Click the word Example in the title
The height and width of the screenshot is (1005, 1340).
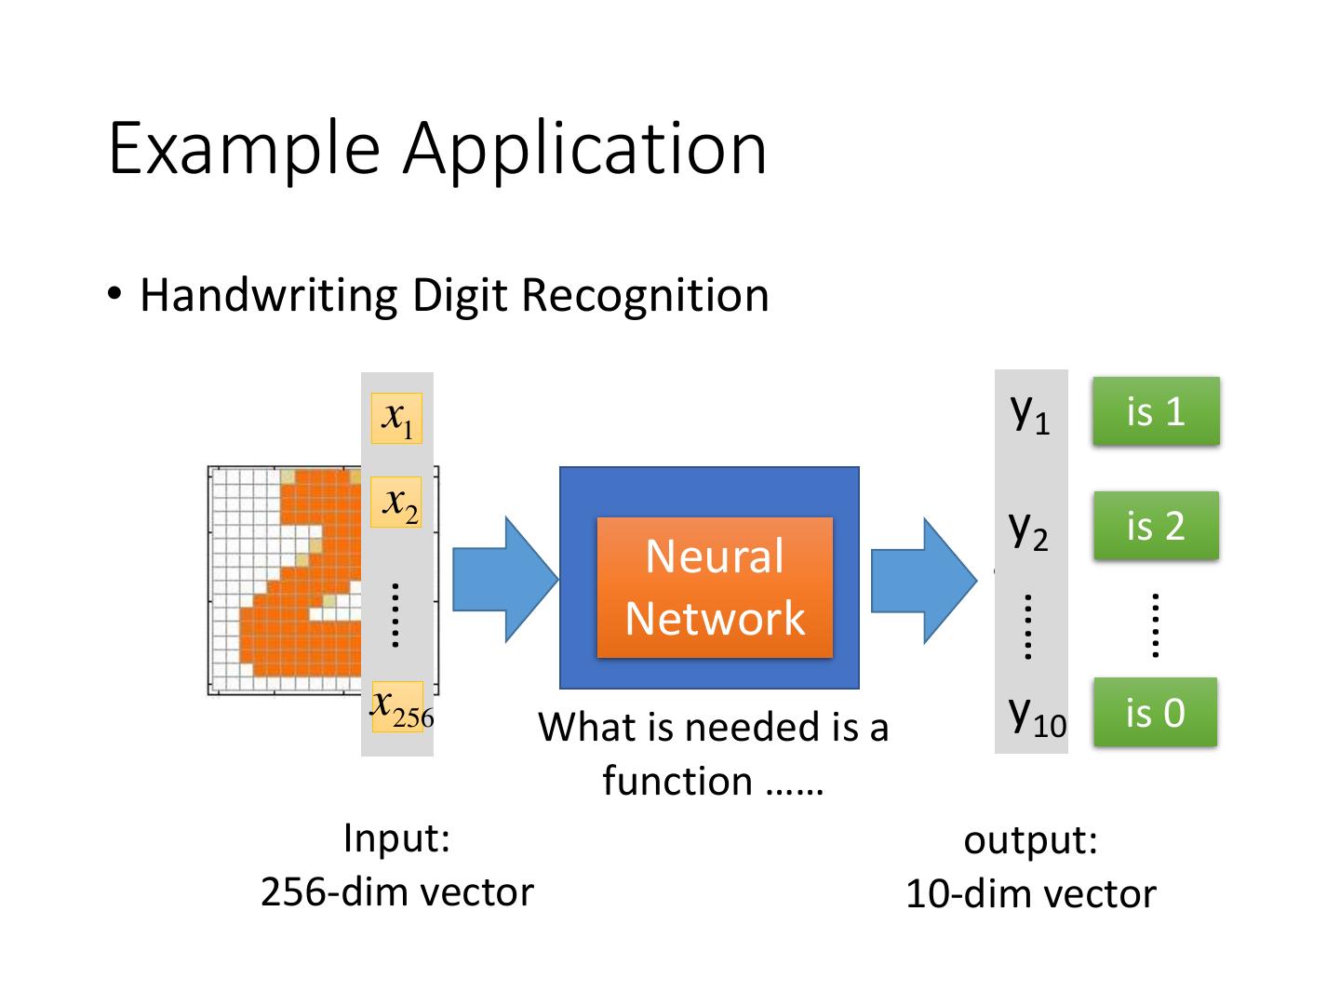(x=244, y=149)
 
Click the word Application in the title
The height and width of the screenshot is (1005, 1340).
(x=585, y=149)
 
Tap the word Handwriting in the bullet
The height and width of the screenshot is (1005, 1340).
(x=269, y=296)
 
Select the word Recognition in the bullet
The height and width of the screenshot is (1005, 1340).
(x=645, y=296)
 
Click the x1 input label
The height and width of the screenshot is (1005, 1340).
(x=397, y=418)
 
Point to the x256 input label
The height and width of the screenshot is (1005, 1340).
(x=399, y=706)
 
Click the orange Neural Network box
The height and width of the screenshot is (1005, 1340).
(x=715, y=587)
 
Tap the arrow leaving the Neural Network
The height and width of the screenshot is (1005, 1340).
(x=923, y=580)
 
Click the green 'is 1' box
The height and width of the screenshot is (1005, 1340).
(x=1156, y=411)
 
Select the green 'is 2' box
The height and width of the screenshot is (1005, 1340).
(x=1156, y=526)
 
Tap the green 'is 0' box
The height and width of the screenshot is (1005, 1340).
(x=1155, y=713)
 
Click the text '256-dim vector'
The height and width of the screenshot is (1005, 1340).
(x=397, y=892)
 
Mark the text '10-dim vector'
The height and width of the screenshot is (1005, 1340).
(x=1030, y=894)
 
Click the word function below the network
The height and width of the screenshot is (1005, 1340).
(x=677, y=781)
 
